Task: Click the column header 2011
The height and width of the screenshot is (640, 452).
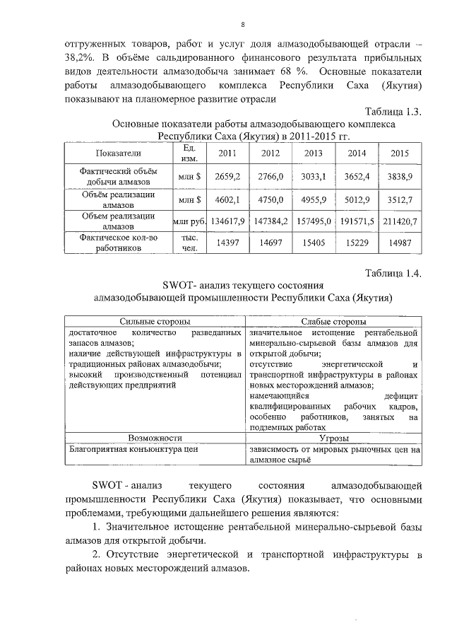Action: [x=227, y=153]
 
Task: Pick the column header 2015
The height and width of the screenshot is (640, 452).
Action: [x=400, y=153]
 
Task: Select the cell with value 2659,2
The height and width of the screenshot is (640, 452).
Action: [x=227, y=175]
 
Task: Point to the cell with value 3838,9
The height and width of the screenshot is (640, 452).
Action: [x=400, y=175]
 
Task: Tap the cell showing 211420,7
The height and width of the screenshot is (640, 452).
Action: [x=400, y=221]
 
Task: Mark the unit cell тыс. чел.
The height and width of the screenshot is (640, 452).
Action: [x=189, y=243]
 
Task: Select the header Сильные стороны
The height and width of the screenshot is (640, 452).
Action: [x=155, y=321]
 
